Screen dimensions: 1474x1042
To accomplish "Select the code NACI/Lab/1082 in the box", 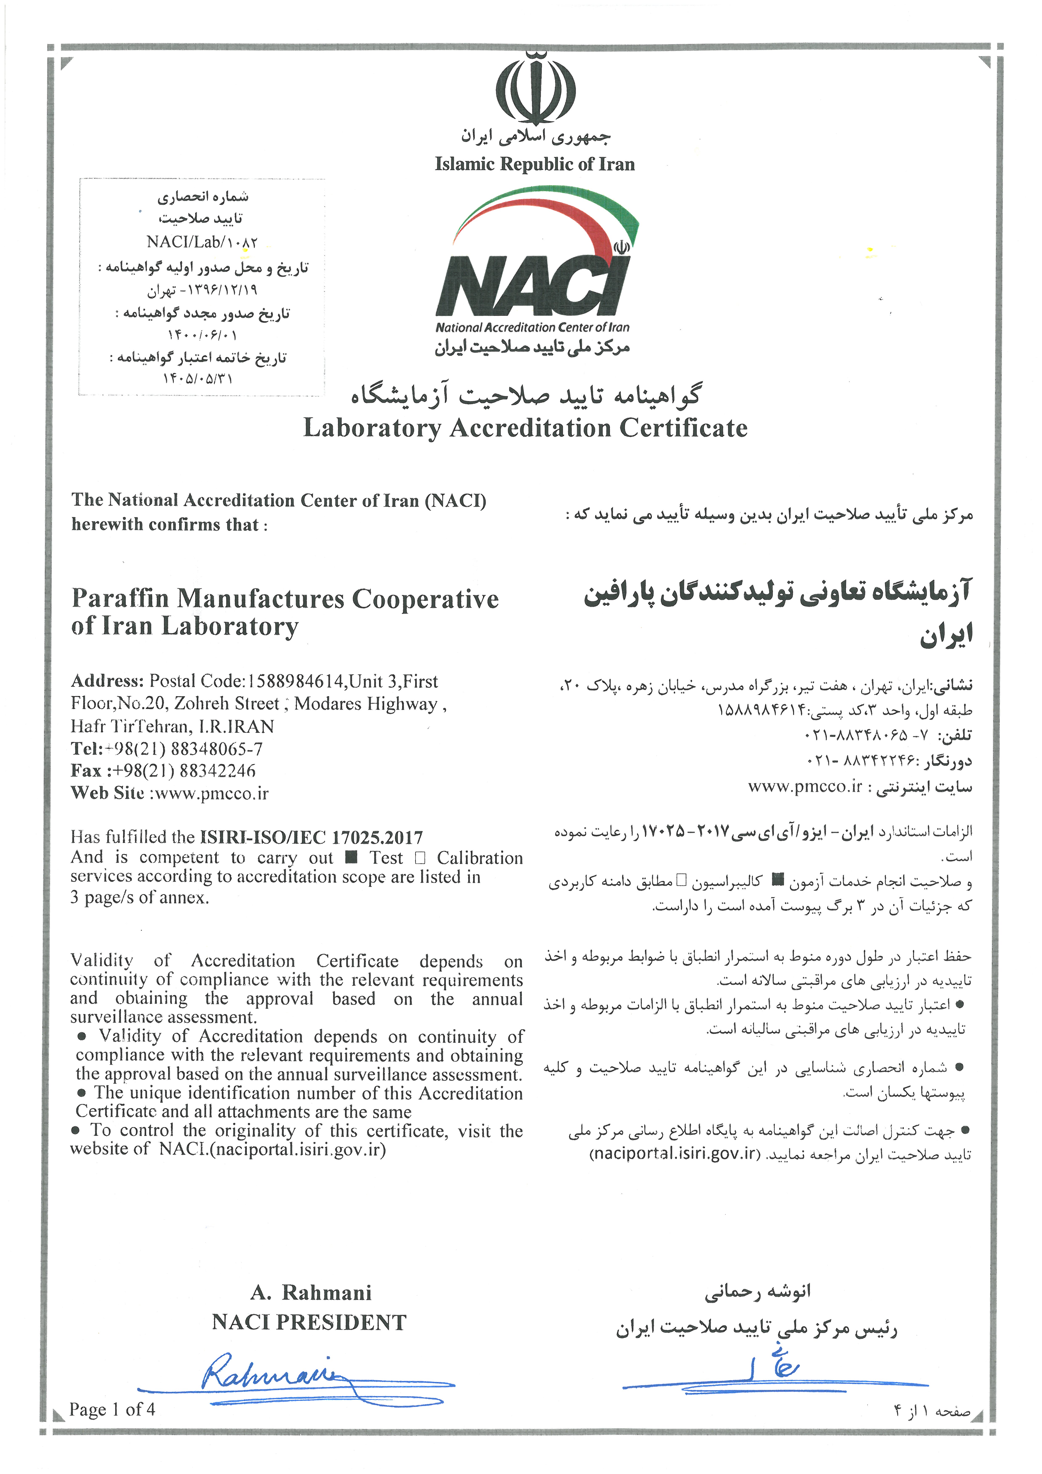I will coord(202,242).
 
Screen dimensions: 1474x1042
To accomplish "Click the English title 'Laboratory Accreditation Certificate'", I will coord(525,428).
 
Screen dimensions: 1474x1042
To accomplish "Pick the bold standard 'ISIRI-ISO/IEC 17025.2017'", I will coord(311,837).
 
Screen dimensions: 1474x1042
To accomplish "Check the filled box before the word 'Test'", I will coord(351,857).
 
